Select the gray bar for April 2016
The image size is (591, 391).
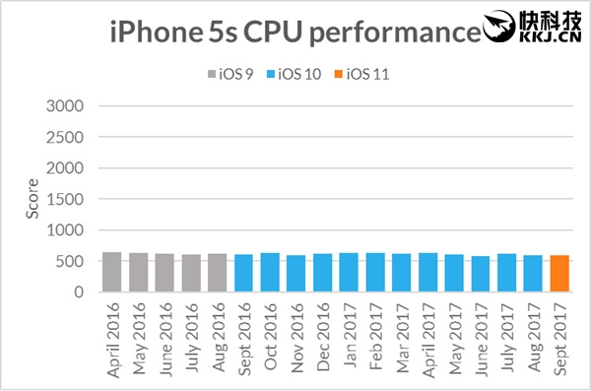tap(111, 272)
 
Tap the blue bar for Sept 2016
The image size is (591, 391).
tap(243, 273)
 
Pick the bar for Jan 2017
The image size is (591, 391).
tap(349, 273)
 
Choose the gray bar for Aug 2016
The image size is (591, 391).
tap(217, 273)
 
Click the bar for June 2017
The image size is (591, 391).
tap(481, 274)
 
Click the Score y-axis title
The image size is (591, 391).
tap(31, 200)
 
